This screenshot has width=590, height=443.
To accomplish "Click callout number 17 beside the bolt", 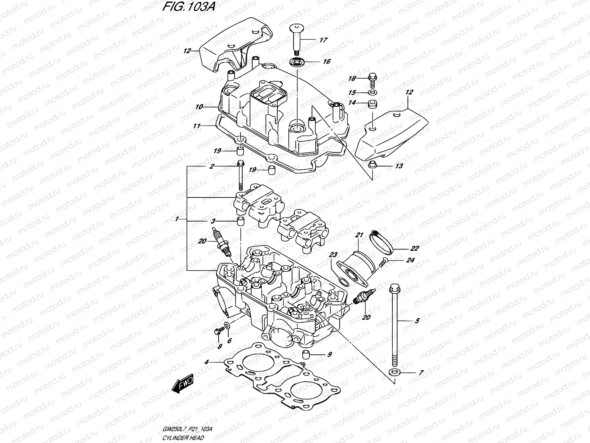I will (x=323, y=40).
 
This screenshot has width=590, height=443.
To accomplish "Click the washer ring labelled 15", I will (x=372, y=92).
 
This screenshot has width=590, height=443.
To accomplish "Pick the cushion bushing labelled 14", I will (x=372, y=104).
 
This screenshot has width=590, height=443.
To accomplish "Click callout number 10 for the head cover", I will (x=199, y=107).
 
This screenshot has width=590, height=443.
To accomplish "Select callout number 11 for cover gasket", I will (x=197, y=126).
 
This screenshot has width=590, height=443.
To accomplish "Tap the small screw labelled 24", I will (x=382, y=262).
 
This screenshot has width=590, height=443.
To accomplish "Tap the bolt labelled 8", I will (x=218, y=331).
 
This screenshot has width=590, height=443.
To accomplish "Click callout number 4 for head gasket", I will (x=206, y=362).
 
